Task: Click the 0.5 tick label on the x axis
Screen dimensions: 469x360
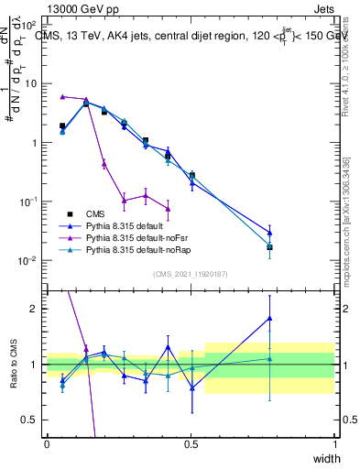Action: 191,444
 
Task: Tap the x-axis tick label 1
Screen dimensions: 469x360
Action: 335,444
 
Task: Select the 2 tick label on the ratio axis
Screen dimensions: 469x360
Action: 34,309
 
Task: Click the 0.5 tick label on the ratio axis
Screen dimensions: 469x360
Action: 30,420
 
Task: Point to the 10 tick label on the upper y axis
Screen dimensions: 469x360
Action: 30,83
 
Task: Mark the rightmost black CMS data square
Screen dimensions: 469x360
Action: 269,247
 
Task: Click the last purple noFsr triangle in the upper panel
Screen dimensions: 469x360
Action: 168,209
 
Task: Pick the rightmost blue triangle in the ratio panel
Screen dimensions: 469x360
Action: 269,318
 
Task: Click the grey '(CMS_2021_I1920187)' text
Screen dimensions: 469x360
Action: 191,274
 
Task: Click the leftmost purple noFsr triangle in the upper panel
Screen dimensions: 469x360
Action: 62,96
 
